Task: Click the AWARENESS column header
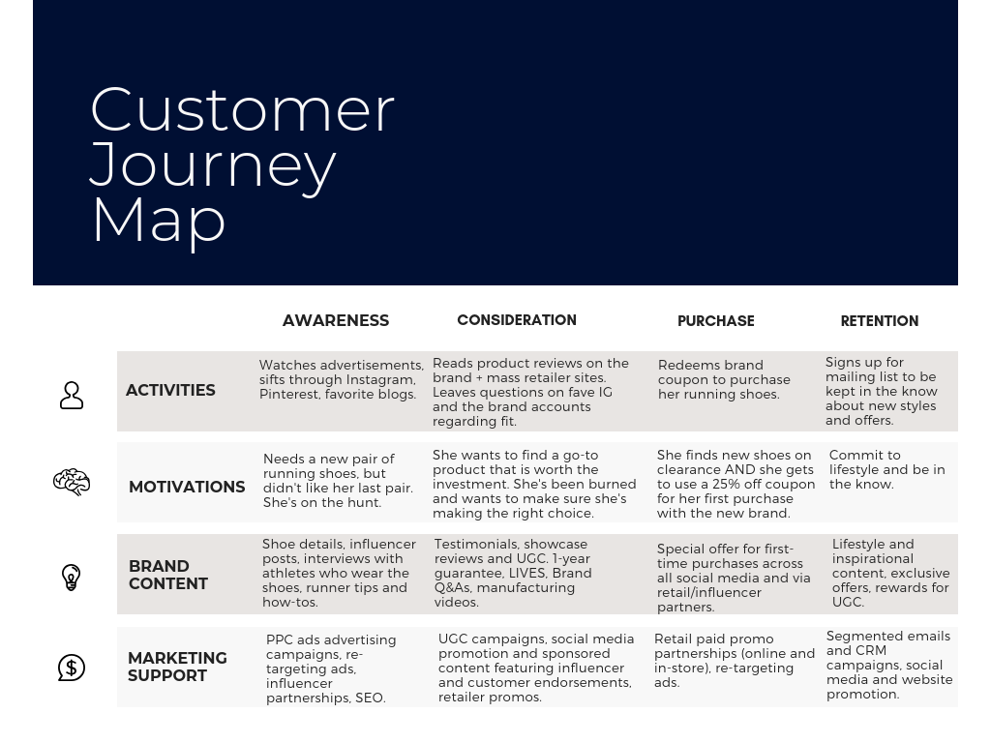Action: pos(336,320)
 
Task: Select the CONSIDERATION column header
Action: pos(517,320)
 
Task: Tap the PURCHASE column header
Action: pos(715,321)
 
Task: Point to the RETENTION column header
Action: pos(879,321)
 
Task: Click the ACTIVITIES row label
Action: pos(170,391)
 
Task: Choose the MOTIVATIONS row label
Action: pos(187,487)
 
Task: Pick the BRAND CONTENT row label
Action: pos(168,575)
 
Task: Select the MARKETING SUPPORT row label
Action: pos(177,667)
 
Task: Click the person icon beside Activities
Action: pos(72,395)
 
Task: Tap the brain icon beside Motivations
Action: pos(72,482)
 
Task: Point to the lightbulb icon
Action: pos(72,577)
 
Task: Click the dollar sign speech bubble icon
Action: pos(72,668)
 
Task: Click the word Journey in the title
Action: pos(213,163)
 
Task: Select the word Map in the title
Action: pos(159,219)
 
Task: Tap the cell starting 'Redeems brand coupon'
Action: pos(724,379)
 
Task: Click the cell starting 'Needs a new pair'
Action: pos(338,480)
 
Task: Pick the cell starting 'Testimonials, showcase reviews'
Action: pos(513,573)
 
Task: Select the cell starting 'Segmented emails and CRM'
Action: pos(889,665)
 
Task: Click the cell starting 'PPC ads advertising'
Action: pos(331,669)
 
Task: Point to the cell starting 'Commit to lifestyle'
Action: pos(886,469)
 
